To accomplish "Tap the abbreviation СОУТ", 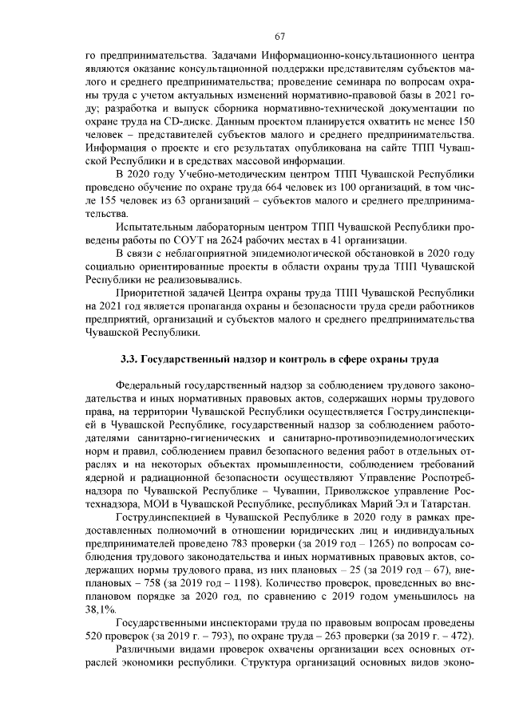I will (x=188, y=242).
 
